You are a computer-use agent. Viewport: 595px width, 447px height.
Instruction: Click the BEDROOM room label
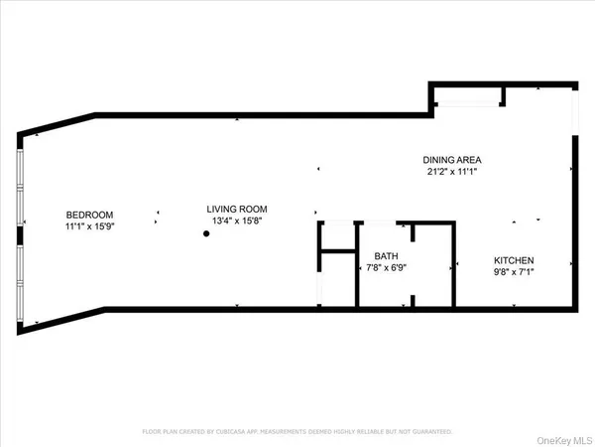[89, 215]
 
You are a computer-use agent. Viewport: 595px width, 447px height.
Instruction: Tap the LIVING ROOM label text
[236, 209]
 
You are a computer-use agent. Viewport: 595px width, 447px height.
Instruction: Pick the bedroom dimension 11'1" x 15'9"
[89, 226]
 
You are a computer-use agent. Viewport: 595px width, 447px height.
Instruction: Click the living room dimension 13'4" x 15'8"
[236, 221]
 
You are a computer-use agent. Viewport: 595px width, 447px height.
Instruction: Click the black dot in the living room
[206, 234]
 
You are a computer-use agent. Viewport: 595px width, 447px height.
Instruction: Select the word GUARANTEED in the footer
[428, 432]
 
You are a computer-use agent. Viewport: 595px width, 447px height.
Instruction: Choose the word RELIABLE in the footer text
[376, 432]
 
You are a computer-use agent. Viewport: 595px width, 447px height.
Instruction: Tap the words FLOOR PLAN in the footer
[160, 432]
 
